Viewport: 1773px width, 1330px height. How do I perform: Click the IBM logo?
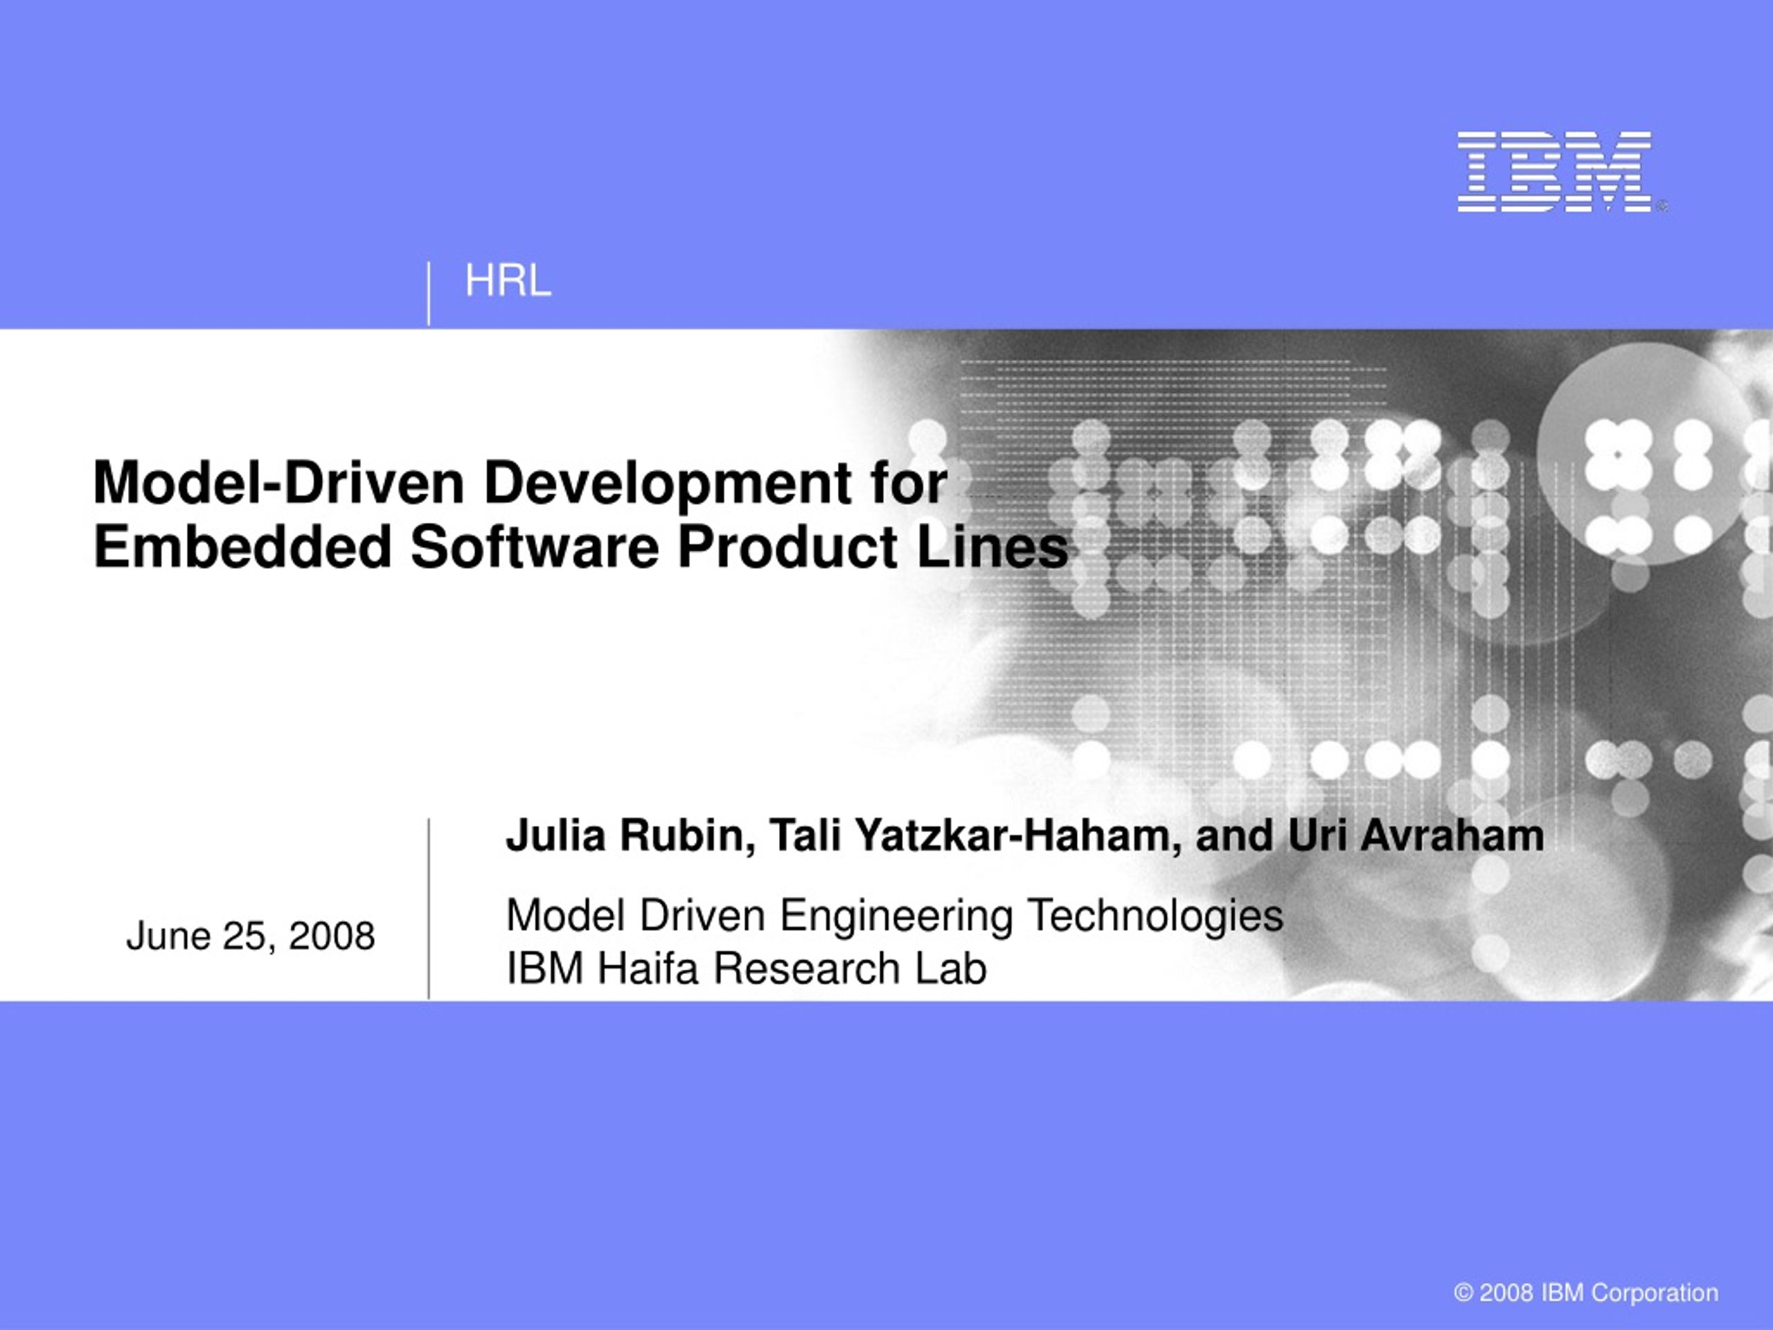click(1554, 172)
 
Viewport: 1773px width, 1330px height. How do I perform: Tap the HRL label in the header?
click(508, 281)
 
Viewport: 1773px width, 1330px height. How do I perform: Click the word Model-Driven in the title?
click(279, 483)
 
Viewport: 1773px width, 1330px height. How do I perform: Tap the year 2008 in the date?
click(332, 936)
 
